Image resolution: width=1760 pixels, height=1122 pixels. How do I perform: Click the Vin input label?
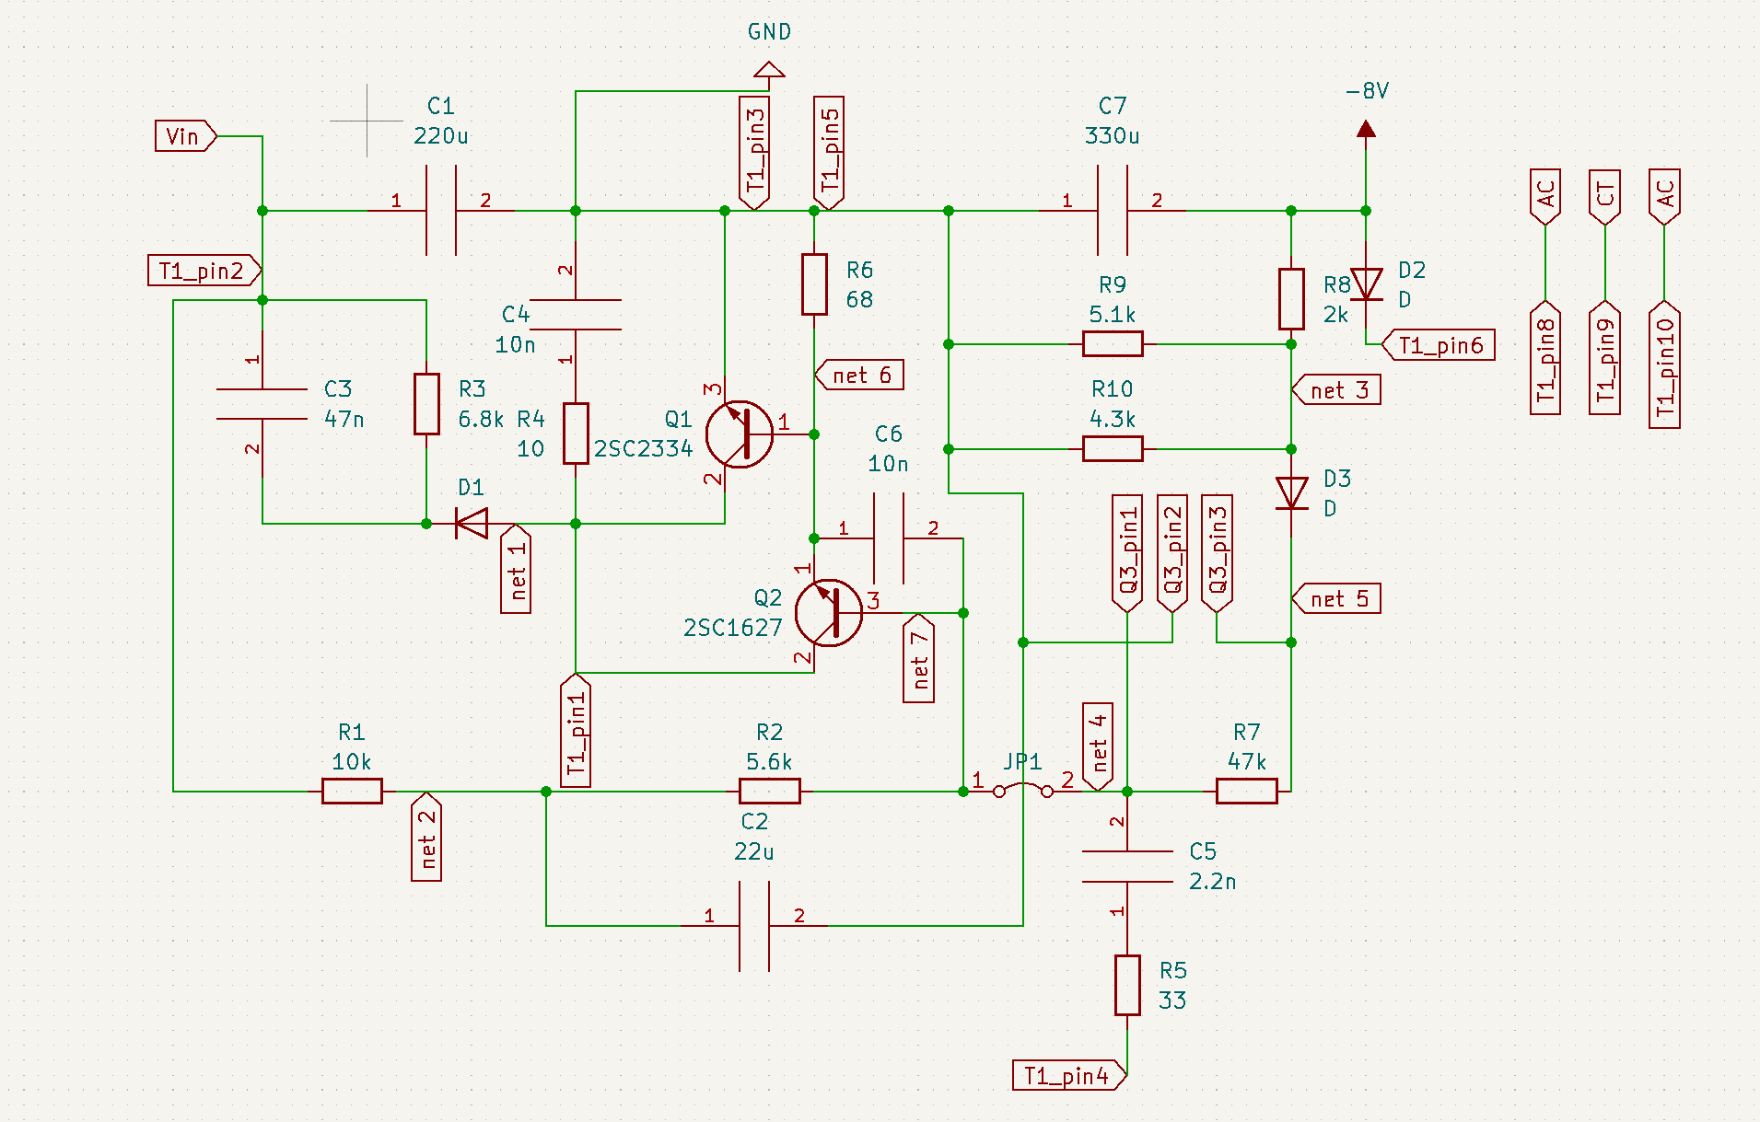(184, 136)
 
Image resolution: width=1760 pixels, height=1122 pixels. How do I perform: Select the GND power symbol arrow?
(769, 70)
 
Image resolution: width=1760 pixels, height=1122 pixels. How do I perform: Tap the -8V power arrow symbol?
(1366, 129)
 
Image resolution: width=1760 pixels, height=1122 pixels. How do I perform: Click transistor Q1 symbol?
(739, 434)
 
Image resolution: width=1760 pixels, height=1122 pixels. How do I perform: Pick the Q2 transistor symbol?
(828, 613)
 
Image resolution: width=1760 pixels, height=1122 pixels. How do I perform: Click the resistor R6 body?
(814, 284)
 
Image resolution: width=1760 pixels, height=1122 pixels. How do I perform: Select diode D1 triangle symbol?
(472, 524)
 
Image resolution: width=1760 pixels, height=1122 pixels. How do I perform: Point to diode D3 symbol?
(1291, 493)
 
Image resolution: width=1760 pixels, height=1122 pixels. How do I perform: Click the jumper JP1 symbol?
(1023, 788)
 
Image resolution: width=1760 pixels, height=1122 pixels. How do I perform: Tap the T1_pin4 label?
(1067, 1075)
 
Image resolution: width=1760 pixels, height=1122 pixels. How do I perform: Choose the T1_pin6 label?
(1439, 345)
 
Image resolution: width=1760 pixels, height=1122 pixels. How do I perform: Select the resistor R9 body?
(1113, 344)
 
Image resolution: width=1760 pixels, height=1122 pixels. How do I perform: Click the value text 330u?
(1112, 136)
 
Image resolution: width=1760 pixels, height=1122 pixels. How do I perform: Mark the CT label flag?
(1605, 196)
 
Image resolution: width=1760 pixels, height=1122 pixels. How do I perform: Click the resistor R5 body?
(1127, 985)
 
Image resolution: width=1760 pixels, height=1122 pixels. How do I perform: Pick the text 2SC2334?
(643, 449)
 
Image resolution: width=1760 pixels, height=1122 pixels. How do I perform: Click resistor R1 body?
(352, 791)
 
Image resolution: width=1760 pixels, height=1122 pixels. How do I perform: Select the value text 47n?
(344, 420)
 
